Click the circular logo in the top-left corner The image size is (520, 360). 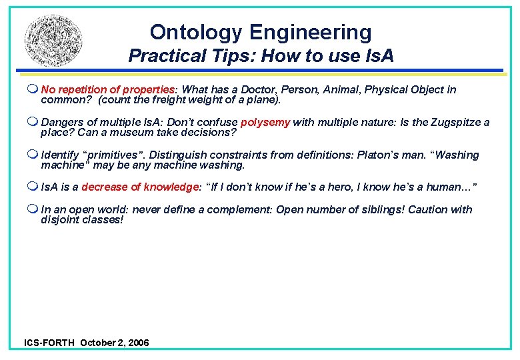(x=55, y=43)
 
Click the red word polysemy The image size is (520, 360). (x=265, y=122)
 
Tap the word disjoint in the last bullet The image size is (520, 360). (x=60, y=219)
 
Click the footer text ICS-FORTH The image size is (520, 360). (x=49, y=343)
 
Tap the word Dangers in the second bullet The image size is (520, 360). (x=61, y=122)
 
